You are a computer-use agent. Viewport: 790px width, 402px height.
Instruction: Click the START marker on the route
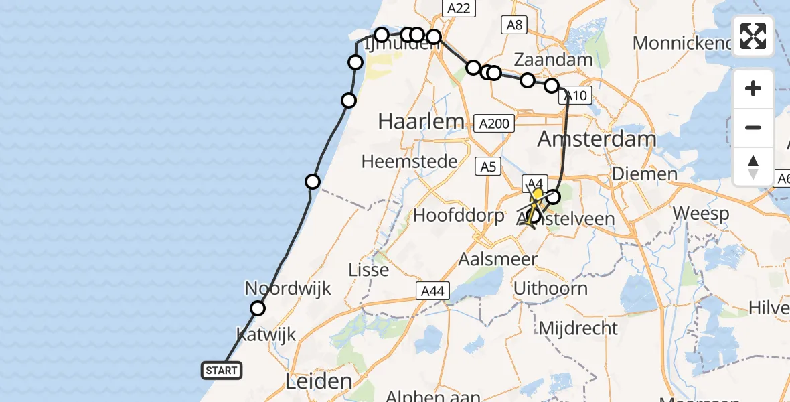tap(221, 371)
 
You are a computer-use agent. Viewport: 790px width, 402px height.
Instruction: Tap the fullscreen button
tap(753, 36)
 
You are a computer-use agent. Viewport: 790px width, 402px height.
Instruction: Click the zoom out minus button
tap(753, 127)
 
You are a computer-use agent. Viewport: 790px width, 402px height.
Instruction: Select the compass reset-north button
tap(753, 166)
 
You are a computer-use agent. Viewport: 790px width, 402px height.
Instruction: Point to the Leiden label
tap(319, 382)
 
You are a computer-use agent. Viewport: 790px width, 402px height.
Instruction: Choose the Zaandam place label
tap(553, 59)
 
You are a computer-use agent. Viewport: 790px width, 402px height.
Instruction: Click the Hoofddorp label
tap(458, 216)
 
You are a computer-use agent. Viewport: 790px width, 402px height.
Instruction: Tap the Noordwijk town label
tap(288, 289)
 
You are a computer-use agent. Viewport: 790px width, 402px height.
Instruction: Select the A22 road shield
tap(459, 8)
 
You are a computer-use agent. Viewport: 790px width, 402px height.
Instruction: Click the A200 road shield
tap(494, 123)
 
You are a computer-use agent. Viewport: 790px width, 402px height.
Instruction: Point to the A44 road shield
tap(432, 291)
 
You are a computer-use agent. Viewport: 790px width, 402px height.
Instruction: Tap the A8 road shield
tap(514, 25)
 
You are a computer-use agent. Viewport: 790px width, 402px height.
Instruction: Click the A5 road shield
tap(488, 166)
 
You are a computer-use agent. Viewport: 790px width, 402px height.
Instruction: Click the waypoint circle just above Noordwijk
tap(258, 308)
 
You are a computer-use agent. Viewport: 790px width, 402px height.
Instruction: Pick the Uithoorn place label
tap(550, 289)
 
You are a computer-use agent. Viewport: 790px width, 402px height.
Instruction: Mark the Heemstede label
tap(409, 161)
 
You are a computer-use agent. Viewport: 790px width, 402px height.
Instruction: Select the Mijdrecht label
tap(577, 328)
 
